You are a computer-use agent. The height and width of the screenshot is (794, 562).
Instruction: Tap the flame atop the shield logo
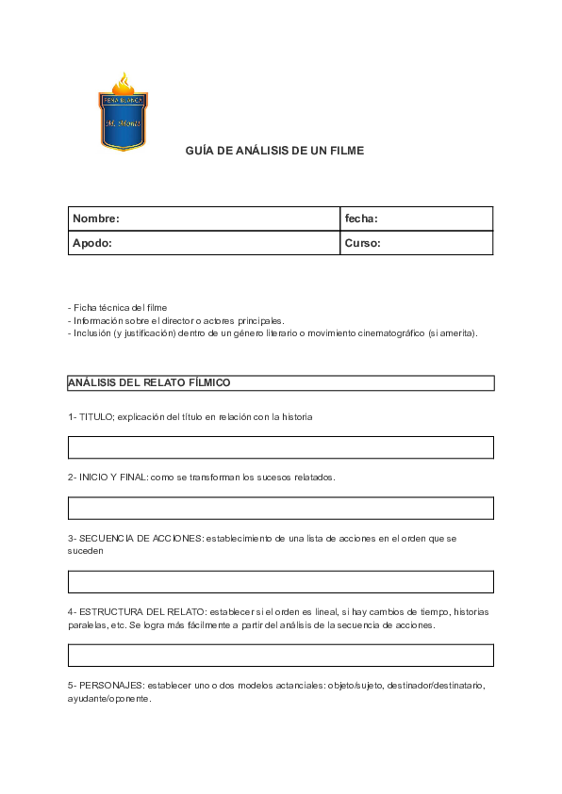(x=124, y=82)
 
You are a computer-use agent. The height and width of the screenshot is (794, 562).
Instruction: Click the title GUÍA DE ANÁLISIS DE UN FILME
(x=273, y=151)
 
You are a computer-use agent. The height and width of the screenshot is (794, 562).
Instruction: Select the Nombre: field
(x=204, y=219)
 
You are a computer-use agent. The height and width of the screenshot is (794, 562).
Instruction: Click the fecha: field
(x=416, y=219)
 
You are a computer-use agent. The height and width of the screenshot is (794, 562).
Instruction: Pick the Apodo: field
(x=204, y=243)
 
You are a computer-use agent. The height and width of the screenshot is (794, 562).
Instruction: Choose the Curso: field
(x=416, y=243)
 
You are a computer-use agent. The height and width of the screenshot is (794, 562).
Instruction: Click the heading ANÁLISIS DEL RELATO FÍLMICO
(x=149, y=382)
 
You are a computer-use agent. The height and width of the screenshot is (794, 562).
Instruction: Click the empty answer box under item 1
(x=280, y=447)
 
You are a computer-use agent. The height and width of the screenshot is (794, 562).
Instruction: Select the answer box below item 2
(x=280, y=509)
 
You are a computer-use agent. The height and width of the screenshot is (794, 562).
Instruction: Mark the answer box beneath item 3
(x=280, y=581)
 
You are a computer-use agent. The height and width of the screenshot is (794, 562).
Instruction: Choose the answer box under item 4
(x=280, y=655)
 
